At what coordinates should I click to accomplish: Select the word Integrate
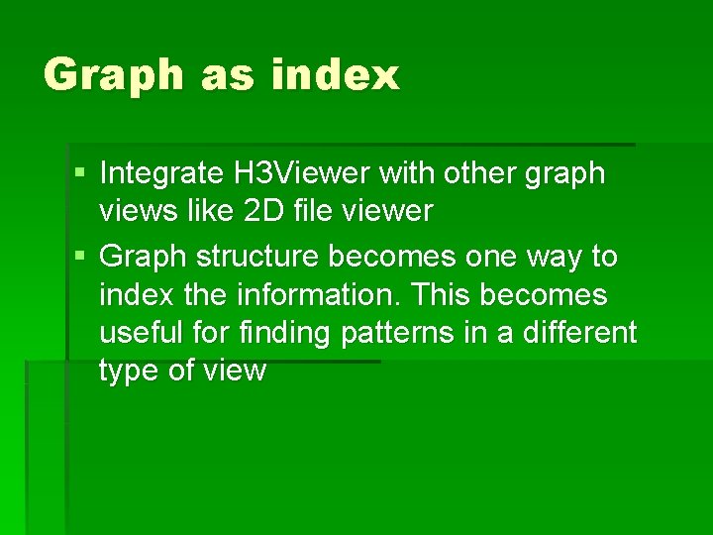click(161, 173)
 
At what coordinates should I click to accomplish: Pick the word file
click(320, 211)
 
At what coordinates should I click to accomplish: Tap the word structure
click(257, 257)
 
